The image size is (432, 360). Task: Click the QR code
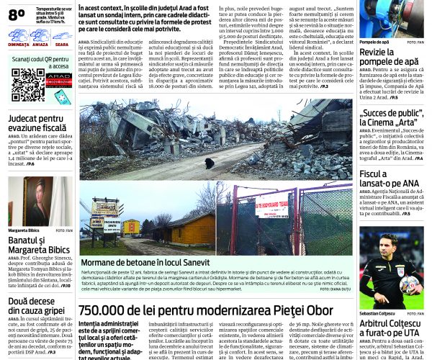(x=27, y=85)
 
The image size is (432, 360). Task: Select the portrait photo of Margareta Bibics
(x=36, y=201)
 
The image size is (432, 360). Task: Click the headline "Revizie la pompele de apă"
(x=388, y=58)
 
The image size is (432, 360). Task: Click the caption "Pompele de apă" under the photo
(x=374, y=42)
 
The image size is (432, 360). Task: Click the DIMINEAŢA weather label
(x=18, y=44)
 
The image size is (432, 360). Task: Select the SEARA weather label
(x=62, y=44)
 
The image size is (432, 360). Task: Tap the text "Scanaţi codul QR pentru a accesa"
(x=40, y=61)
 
